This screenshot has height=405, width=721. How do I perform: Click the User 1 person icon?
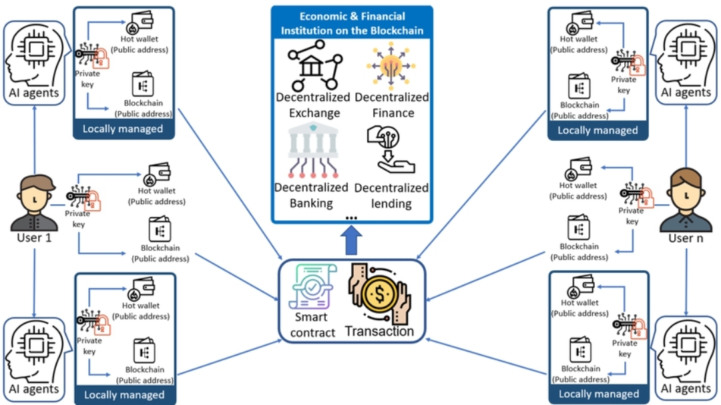point(35,203)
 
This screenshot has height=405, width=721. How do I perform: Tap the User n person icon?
point(686,200)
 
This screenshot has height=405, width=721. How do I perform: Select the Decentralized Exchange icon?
point(315,65)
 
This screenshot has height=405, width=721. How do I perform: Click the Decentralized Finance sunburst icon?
point(391,66)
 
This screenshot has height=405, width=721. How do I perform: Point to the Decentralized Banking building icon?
point(313,150)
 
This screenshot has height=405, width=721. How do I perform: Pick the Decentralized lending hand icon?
point(391,150)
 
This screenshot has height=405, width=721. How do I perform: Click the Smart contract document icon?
point(312,286)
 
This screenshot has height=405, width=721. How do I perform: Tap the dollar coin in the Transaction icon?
point(380,294)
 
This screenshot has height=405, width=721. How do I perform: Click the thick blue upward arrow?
point(351,240)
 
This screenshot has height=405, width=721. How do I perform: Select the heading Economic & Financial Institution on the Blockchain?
point(352,23)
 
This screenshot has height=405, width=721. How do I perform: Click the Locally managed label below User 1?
point(124,395)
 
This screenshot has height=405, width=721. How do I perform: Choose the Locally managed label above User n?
point(597,130)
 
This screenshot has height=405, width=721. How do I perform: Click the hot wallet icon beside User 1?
point(158,174)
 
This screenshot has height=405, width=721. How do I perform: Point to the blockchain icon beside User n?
point(578,227)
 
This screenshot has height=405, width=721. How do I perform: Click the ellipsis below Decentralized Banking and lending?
point(351,218)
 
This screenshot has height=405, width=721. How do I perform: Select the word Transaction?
point(379,331)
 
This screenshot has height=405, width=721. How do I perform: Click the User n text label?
point(686,238)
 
